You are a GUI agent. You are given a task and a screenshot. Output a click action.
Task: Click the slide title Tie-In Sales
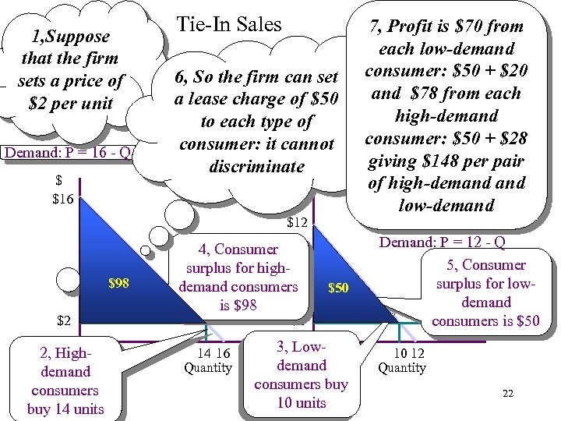(229, 25)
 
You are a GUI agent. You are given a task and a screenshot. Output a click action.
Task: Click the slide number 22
(508, 393)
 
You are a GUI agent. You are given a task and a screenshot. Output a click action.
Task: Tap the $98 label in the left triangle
(118, 282)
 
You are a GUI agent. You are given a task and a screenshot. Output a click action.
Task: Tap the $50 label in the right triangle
(338, 288)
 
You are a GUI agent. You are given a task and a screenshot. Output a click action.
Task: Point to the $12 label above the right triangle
(298, 223)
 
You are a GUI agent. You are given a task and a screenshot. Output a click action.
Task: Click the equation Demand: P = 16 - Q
(67, 152)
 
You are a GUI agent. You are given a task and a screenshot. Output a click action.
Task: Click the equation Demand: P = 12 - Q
(442, 242)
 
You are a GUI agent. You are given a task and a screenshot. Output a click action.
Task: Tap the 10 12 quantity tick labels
(402, 352)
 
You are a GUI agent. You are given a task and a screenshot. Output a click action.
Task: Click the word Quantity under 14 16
(207, 367)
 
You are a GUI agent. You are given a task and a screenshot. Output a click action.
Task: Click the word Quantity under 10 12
(402, 367)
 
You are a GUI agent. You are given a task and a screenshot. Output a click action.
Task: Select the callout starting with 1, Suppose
(70, 69)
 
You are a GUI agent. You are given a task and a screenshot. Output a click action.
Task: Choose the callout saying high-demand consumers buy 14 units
(65, 381)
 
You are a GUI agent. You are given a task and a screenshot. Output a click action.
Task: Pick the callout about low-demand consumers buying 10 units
(302, 375)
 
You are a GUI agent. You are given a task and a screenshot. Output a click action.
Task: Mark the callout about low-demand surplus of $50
(486, 293)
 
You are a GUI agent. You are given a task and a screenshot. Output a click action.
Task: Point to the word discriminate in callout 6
(256, 167)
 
